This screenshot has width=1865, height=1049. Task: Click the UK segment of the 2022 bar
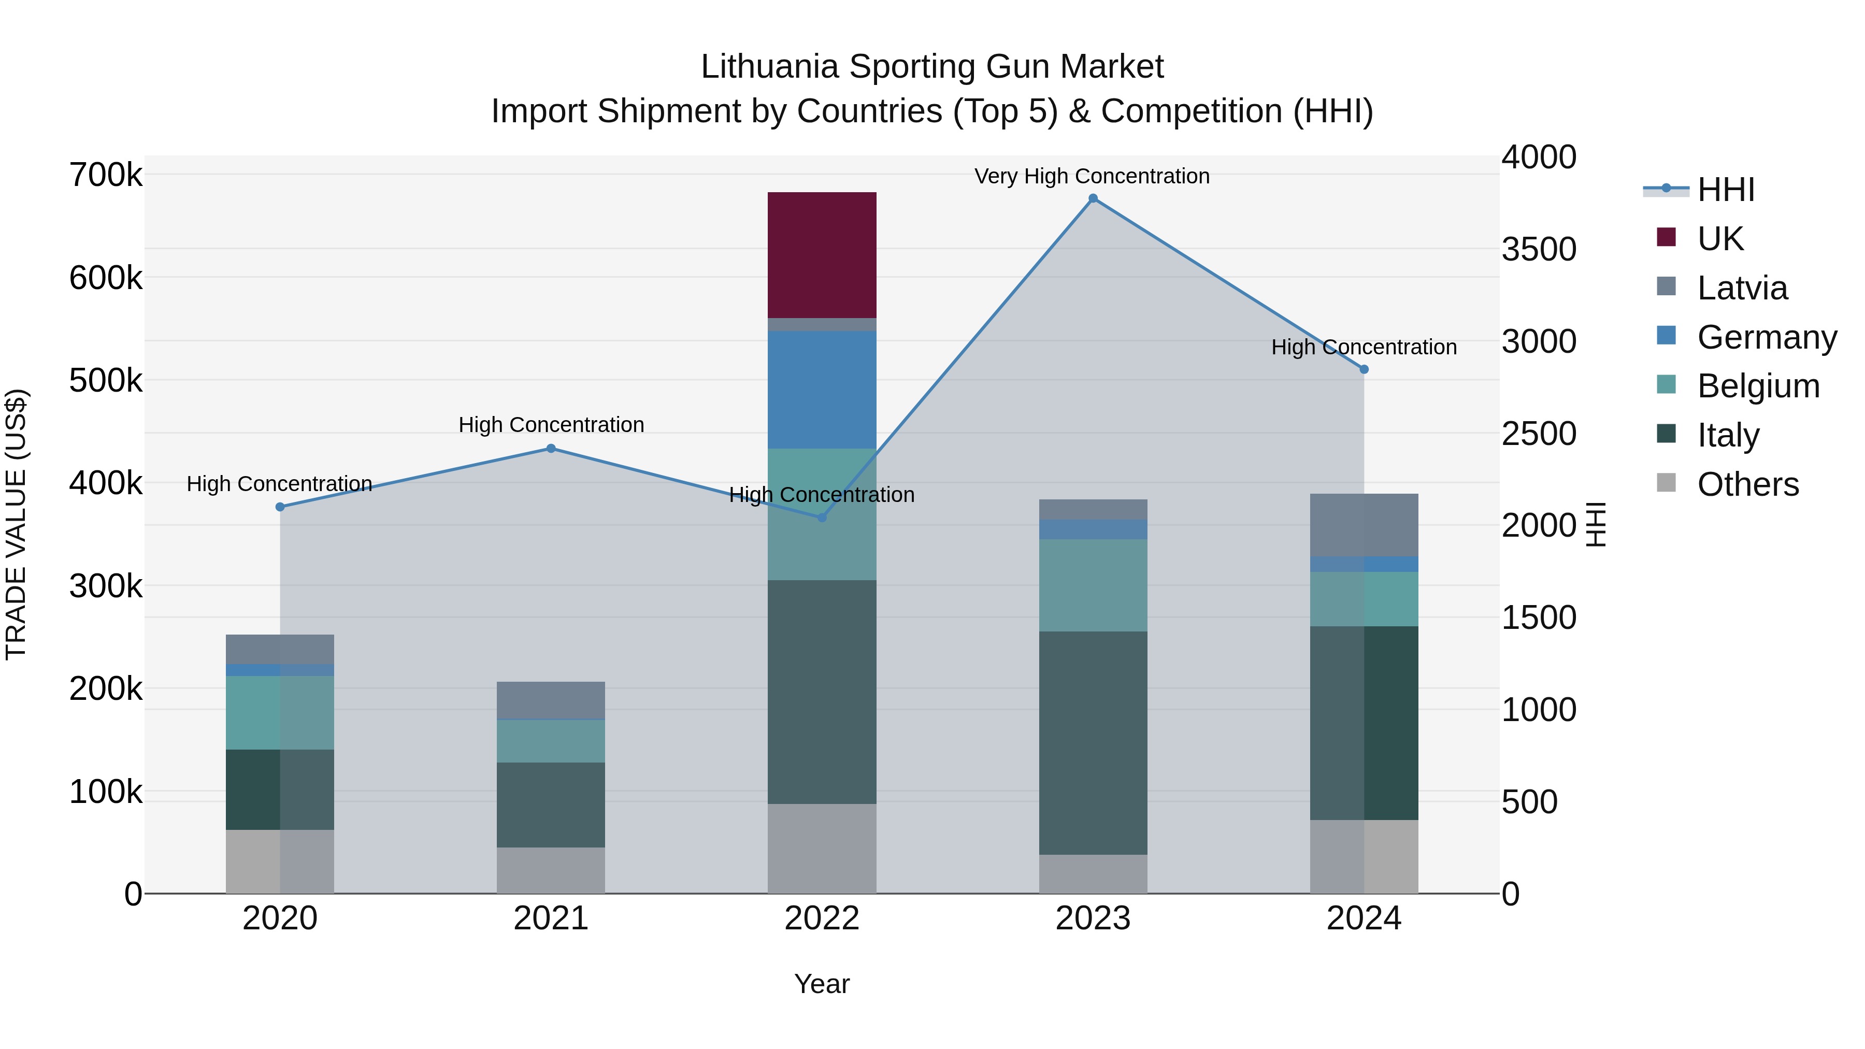point(822,255)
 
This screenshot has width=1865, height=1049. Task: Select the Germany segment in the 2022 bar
point(822,390)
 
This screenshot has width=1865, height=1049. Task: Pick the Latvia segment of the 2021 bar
point(550,699)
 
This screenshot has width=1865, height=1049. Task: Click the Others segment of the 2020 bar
point(279,861)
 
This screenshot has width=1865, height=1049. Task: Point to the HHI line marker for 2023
point(1093,198)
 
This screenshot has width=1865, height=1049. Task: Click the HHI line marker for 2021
point(551,448)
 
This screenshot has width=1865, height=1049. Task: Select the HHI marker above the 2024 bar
point(1364,369)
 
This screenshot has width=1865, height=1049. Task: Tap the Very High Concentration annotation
point(1092,176)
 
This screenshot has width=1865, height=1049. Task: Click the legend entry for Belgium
point(1758,386)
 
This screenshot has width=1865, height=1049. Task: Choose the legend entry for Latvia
point(1742,288)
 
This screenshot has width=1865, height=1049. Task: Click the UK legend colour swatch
point(1666,237)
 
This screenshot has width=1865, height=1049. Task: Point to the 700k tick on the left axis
point(106,175)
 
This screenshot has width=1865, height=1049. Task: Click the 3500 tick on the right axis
point(1539,249)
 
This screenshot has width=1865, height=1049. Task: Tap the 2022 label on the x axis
point(822,918)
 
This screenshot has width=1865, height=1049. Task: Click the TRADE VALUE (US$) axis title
point(16,524)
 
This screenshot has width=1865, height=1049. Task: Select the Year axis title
point(822,984)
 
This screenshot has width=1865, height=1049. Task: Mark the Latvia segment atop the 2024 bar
point(1364,524)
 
